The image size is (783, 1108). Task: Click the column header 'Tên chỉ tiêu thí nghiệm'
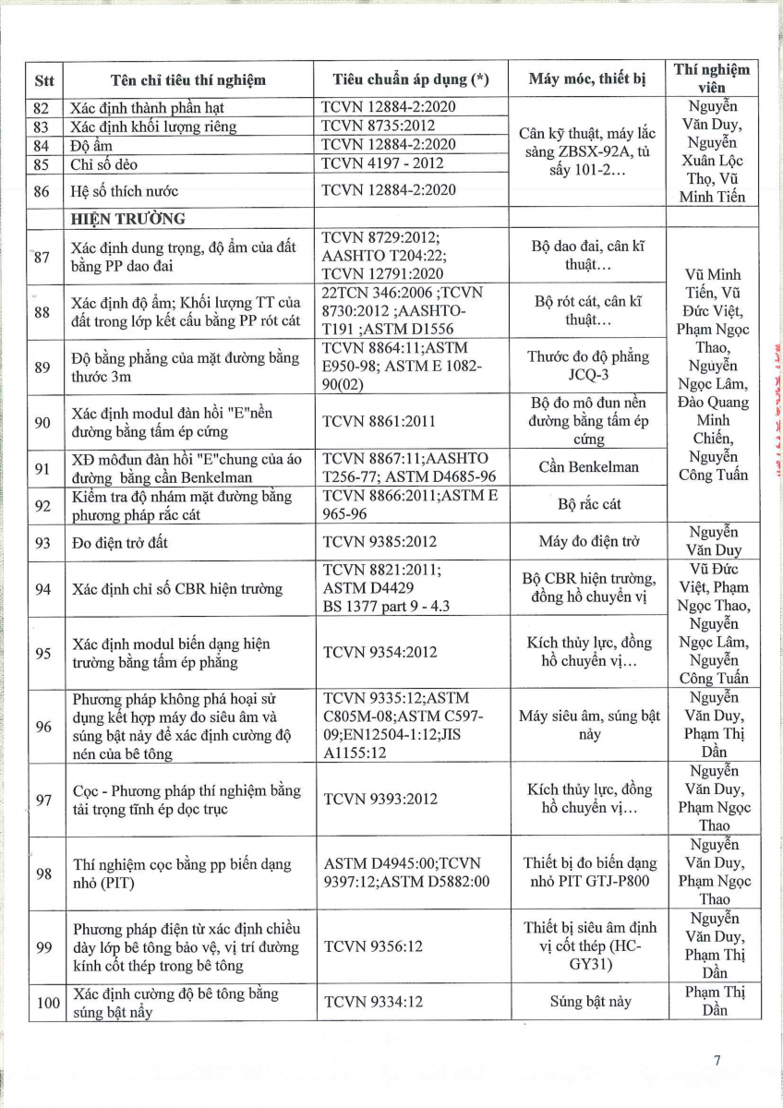(187, 79)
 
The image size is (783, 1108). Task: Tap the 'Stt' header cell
(44, 79)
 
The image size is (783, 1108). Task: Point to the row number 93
(43, 542)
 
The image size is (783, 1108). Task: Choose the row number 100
(43, 1002)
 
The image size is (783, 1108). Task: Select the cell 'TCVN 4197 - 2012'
(382, 163)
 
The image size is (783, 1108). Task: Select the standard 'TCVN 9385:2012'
(379, 542)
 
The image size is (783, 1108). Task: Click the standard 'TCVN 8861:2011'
(379, 421)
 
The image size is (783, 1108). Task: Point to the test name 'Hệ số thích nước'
(124, 191)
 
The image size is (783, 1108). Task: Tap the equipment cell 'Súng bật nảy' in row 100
(588, 1002)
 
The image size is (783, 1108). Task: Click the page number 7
(717, 1060)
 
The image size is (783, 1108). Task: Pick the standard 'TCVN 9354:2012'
(379, 652)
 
